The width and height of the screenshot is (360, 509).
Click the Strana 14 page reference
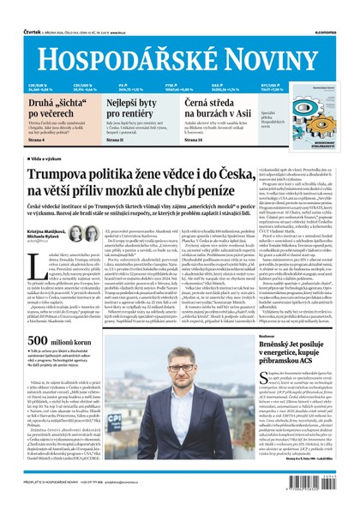point(195,147)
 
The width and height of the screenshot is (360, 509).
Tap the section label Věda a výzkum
point(51,160)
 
